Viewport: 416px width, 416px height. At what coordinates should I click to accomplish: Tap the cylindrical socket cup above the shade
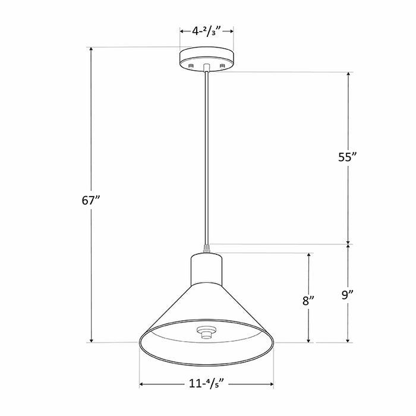pos(206,269)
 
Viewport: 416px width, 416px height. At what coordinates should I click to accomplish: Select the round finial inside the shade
pos(206,333)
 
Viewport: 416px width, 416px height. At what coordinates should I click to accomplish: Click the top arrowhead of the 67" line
pos(91,50)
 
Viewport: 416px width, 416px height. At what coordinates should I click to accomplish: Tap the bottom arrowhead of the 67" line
pos(91,339)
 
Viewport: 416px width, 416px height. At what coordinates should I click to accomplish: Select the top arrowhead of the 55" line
pos(348,75)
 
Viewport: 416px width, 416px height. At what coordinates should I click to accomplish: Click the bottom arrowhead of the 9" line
pos(348,339)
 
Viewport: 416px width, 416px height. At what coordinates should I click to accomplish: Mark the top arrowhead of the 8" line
pos(309,256)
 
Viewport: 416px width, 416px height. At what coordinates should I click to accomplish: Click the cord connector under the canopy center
pos(206,67)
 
